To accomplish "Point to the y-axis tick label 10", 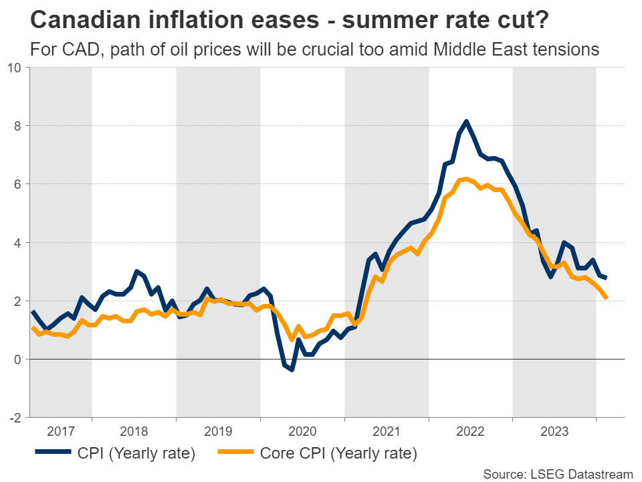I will click(15, 68).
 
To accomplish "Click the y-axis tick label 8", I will click(18, 126).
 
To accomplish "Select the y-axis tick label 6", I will click(18, 184).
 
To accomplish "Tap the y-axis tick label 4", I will click(18, 242).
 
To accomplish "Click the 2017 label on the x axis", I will click(61, 430).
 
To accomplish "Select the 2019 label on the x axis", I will click(218, 430).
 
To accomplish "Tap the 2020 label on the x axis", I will click(302, 430).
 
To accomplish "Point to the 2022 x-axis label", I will click(470, 430).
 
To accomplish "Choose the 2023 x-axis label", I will click(554, 430).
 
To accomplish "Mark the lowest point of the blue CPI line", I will click(292, 369).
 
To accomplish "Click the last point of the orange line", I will click(606, 298).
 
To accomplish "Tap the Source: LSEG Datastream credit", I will click(558, 474).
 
